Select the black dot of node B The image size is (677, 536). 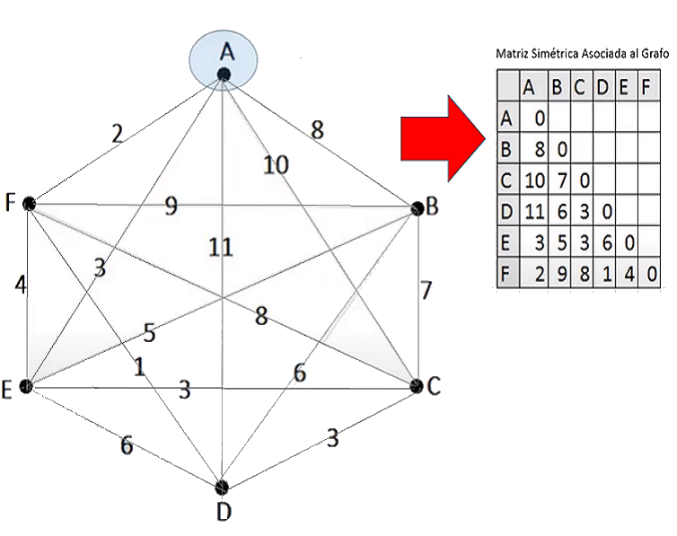click(417, 207)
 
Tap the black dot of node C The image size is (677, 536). click(416, 385)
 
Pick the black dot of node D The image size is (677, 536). click(222, 487)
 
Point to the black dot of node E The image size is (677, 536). click(26, 386)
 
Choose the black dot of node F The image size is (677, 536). click(29, 204)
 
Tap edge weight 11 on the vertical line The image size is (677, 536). click(221, 247)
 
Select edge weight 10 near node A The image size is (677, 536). click(277, 164)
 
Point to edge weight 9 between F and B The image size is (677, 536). click(170, 206)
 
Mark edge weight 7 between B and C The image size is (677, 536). click(426, 291)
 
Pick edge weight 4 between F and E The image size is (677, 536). click(20, 285)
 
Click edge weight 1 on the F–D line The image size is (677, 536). click(139, 366)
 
